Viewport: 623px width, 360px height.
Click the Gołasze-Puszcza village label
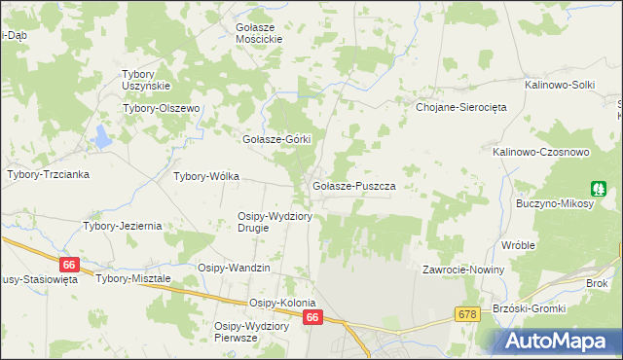(x=351, y=185)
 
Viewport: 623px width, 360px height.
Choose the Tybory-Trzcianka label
(x=49, y=175)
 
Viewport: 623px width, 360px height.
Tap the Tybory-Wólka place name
(x=205, y=177)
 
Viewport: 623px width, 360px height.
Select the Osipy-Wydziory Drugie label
(x=275, y=222)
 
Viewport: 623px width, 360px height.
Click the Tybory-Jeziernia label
(x=122, y=226)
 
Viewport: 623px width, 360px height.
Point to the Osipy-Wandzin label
(x=234, y=268)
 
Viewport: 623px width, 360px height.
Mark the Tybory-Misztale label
(x=133, y=278)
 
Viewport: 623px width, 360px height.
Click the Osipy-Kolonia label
(x=282, y=303)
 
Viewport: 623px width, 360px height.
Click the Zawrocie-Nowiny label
(x=461, y=270)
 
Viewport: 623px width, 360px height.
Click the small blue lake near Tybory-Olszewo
(x=102, y=138)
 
